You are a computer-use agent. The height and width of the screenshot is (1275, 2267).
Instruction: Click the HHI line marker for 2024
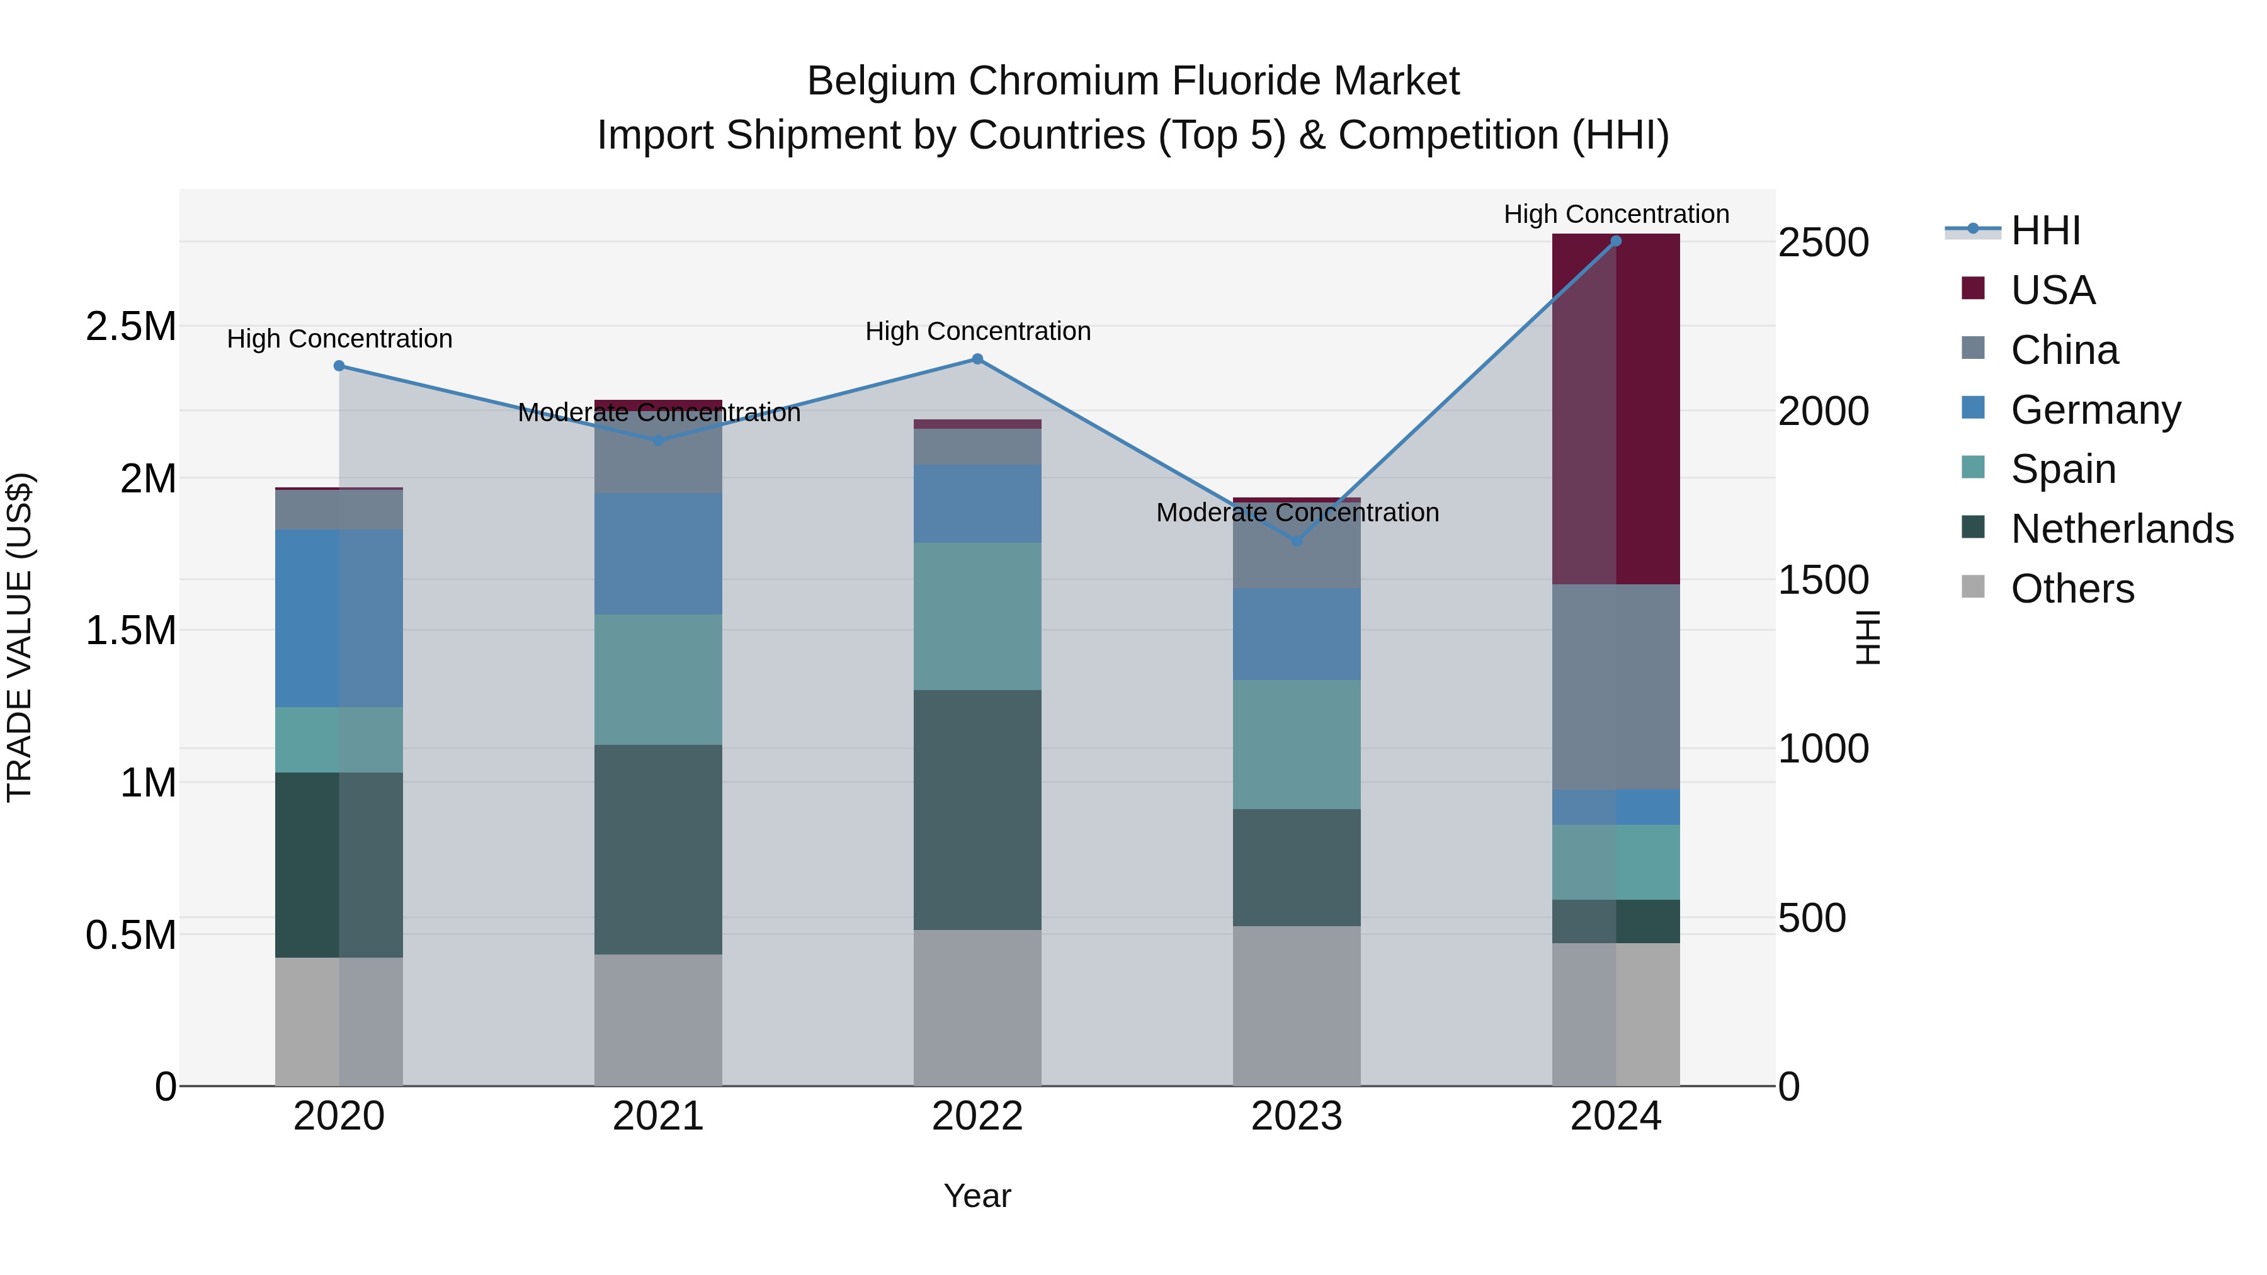1616,241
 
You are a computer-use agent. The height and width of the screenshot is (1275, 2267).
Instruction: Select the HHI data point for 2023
1297,541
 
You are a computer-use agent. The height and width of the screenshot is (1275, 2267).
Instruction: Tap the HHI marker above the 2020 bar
339,366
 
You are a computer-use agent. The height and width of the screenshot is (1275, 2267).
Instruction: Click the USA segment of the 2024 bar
1616,409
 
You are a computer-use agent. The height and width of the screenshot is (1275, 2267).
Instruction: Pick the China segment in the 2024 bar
1616,686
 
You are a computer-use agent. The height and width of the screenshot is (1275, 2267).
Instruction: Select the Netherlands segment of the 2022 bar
977,810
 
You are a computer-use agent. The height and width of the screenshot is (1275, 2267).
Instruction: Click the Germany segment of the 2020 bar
339,618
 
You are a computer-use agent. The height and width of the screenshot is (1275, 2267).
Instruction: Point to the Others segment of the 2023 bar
1297,1006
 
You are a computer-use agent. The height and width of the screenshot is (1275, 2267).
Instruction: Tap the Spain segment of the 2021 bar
658,679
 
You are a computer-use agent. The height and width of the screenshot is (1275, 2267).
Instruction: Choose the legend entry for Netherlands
2122,529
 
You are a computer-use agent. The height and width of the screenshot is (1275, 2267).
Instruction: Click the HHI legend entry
2045,230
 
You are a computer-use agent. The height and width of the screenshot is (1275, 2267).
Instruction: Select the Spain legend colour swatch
1973,468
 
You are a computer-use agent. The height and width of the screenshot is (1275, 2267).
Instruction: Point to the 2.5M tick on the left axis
130,326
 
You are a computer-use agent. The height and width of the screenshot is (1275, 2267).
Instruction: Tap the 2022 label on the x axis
977,1116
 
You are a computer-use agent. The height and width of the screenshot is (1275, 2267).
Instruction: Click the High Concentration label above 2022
977,332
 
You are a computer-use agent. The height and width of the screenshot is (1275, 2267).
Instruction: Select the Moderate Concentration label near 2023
1297,512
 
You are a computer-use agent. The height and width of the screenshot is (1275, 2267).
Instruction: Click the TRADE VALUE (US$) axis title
20,637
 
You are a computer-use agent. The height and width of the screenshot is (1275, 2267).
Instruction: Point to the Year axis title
977,1196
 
